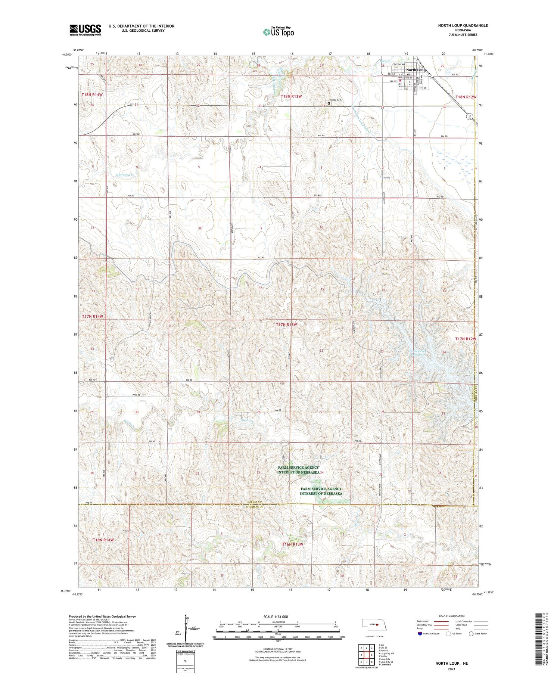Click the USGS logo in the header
click(x=85, y=30)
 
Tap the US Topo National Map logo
click(x=278, y=32)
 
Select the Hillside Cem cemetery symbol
click(x=329, y=103)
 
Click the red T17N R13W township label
click(x=287, y=325)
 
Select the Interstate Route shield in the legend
click(x=420, y=634)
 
